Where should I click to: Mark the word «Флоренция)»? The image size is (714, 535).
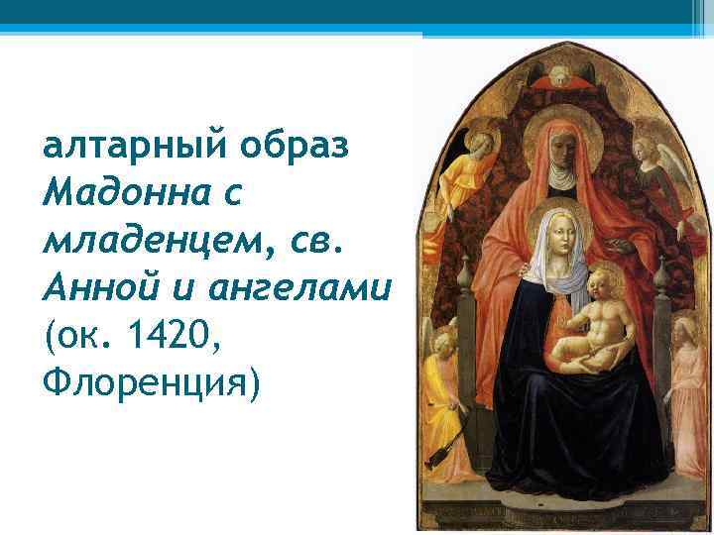[x=150, y=380]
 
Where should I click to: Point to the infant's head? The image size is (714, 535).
[x=604, y=288]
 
